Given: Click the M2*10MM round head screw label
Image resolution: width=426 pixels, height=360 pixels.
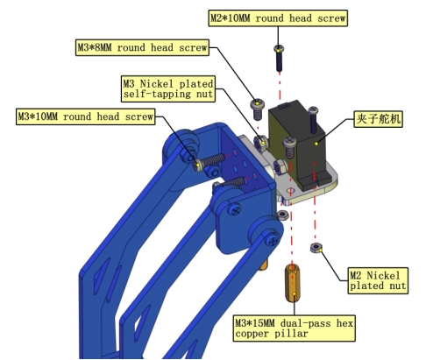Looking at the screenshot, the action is click(x=278, y=18).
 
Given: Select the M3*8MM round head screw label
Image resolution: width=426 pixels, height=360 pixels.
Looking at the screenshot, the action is click(x=142, y=47).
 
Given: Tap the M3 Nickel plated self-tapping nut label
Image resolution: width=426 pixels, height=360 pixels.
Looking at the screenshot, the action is click(x=168, y=89).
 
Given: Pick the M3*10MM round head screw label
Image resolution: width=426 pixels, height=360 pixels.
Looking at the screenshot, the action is click(x=86, y=116).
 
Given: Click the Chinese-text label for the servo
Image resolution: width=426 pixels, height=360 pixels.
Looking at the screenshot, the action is click(x=378, y=119).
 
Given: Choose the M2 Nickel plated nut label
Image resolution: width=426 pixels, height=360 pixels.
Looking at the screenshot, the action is click(x=378, y=280).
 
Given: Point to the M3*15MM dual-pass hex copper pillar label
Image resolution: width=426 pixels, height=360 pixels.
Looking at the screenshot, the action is click(x=295, y=328).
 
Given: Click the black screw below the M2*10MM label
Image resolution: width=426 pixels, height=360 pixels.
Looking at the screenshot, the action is click(x=279, y=58).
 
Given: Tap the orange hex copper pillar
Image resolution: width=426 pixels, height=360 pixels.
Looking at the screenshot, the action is click(x=292, y=283).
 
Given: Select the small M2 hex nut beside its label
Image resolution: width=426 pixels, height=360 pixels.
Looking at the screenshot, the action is click(x=316, y=248).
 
